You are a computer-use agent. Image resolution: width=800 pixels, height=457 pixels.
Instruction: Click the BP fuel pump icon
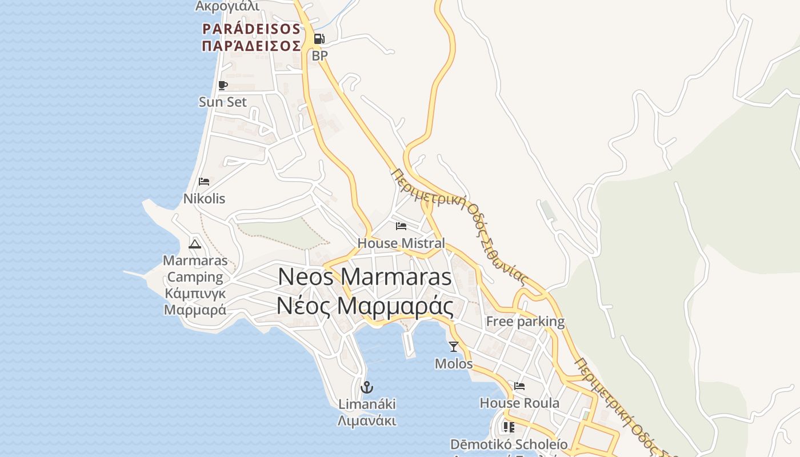click(x=319, y=39)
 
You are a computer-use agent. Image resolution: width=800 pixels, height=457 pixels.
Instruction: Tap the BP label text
click(x=319, y=56)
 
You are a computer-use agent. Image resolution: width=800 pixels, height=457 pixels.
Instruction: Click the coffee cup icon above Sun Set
click(x=223, y=86)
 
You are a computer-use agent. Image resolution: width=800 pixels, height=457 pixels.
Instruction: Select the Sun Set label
click(x=223, y=102)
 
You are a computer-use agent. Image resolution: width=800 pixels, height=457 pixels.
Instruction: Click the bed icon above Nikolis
click(x=204, y=182)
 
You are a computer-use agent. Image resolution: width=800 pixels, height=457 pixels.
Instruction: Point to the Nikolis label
click(x=204, y=199)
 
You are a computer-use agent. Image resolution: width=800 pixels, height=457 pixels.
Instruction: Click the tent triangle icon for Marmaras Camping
click(x=195, y=244)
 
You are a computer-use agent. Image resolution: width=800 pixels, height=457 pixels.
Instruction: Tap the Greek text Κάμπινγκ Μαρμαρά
click(x=195, y=302)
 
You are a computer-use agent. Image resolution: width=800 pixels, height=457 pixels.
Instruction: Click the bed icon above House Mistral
click(x=401, y=226)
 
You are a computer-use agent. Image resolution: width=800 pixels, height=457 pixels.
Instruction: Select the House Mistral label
click(x=401, y=243)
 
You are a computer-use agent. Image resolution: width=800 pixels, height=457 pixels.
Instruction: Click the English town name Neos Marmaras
click(x=365, y=277)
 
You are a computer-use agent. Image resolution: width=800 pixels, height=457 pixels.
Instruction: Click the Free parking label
click(x=525, y=322)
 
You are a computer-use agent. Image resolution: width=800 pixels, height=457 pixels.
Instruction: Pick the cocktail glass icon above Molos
click(x=454, y=347)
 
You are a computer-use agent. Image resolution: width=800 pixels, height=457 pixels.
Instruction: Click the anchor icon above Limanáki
click(x=367, y=387)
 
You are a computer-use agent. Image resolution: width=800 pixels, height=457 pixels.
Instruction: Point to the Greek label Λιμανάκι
click(x=367, y=422)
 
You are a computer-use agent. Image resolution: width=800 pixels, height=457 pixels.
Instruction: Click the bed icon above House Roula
click(x=519, y=386)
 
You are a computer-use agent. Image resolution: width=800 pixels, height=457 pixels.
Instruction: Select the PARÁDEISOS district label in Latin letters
click(x=251, y=29)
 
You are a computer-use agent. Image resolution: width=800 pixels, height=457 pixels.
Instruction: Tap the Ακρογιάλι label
click(x=227, y=6)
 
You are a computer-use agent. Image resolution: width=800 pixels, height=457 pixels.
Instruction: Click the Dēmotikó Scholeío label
click(x=509, y=444)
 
